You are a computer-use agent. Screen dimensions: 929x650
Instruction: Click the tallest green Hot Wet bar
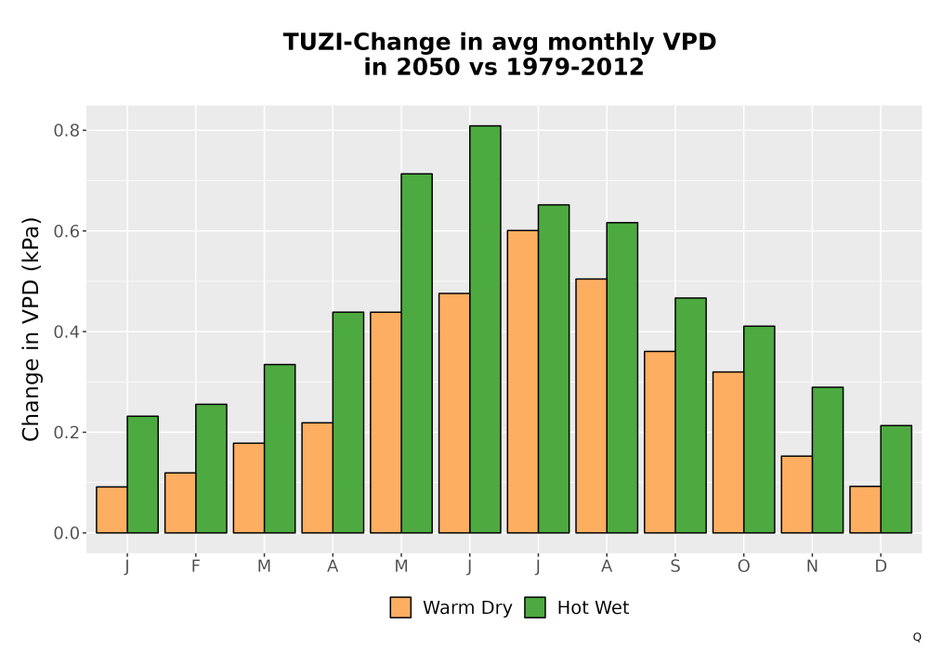click(x=485, y=329)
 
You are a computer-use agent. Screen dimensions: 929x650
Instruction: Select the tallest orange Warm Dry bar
click(x=522, y=382)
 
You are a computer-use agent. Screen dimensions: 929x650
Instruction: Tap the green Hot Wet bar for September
click(x=691, y=416)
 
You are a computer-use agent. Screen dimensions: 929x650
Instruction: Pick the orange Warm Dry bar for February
click(x=180, y=502)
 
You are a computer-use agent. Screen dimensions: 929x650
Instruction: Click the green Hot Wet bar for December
click(x=896, y=479)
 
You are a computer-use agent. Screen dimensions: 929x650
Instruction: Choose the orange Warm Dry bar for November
click(x=797, y=494)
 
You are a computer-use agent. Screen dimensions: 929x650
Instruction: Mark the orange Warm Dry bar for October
click(x=728, y=452)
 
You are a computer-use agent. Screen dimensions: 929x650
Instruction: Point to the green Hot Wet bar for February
click(x=211, y=468)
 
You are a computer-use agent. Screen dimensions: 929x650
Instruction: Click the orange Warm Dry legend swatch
click(x=400, y=607)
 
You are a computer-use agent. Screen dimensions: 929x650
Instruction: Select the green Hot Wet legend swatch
click(x=535, y=607)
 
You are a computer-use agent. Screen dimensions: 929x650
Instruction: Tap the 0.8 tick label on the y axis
click(x=67, y=130)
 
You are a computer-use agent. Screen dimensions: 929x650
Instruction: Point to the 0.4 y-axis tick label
click(x=67, y=331)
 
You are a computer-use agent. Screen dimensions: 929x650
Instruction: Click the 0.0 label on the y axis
click(x=67, y=533)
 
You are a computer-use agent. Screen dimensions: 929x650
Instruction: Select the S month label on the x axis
click(x=675, y=566)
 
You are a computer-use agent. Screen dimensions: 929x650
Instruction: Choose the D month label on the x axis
click(x=881, y=566)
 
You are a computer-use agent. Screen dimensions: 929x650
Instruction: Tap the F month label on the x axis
click(x=195, y=566)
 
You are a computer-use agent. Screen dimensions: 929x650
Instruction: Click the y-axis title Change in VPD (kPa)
click(x=31, y=329)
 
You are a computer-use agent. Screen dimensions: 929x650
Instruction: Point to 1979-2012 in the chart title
click(x=575, y=67)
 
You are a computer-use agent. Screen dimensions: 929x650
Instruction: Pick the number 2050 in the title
click(x=428, y=67)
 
